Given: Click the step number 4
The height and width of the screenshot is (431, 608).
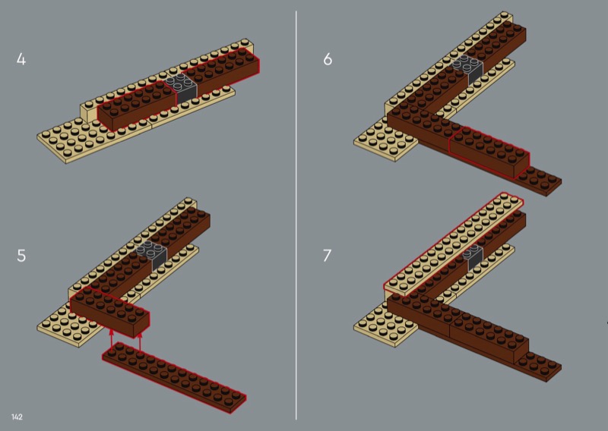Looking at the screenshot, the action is tap(21, 59).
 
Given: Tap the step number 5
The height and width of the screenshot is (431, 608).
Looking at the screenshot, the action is tap(21, 256).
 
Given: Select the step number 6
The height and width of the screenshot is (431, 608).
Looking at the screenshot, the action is tap(328, 59).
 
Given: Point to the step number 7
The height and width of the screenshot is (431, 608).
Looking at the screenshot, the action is tap(328, 256).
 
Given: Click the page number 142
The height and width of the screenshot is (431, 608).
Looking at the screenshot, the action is tap(17, 417).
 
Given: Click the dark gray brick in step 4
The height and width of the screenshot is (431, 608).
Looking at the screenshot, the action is tap(181, 88).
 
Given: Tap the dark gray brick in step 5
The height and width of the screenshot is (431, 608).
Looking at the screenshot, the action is tap(153, 255).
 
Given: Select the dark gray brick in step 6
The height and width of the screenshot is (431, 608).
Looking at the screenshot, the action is tap(469, 69).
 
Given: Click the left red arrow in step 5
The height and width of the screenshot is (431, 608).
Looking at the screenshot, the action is tap(111, 340).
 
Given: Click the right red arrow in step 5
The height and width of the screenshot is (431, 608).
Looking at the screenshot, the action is tap(140, 340).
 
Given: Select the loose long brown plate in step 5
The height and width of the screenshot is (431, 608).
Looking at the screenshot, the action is tap(174, 378).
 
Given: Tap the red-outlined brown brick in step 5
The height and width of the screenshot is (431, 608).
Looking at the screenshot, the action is tap(109, 312).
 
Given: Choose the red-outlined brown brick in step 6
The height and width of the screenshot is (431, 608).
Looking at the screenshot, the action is tap(489, 153).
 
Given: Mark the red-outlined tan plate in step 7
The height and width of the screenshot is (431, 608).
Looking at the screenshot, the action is tap(453, 245).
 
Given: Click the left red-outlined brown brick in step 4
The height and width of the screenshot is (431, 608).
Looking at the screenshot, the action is tap(136, 105).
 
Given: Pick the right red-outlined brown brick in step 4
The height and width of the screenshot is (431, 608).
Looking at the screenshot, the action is tap(221, 74).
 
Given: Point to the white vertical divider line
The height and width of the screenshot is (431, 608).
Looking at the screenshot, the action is tap(296, 215).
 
